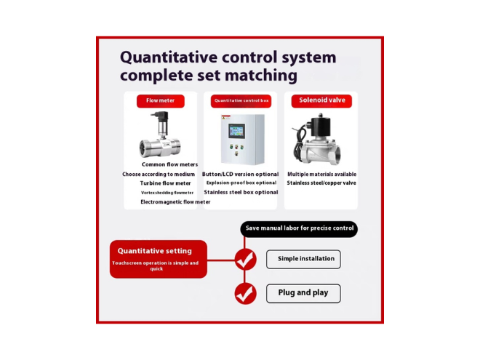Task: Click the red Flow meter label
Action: point(161,101)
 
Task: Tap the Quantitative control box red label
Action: point(241,101)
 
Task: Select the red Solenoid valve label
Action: point(321,101)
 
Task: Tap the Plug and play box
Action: point(303,293)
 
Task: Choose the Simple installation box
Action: point(303,260)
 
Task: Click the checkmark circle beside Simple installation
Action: point(245,260)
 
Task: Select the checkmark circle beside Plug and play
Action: point(245,294)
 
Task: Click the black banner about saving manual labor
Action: point(299,228)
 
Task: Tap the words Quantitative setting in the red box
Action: point(155,251)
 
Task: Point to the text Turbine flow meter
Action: point(165,183)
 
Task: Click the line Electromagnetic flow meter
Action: point(175,201)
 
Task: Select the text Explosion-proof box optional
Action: point(241,183)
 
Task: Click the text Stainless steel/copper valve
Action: point(321,183)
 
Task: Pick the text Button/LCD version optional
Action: point(240,175)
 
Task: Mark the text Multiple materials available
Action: point(321,175)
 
